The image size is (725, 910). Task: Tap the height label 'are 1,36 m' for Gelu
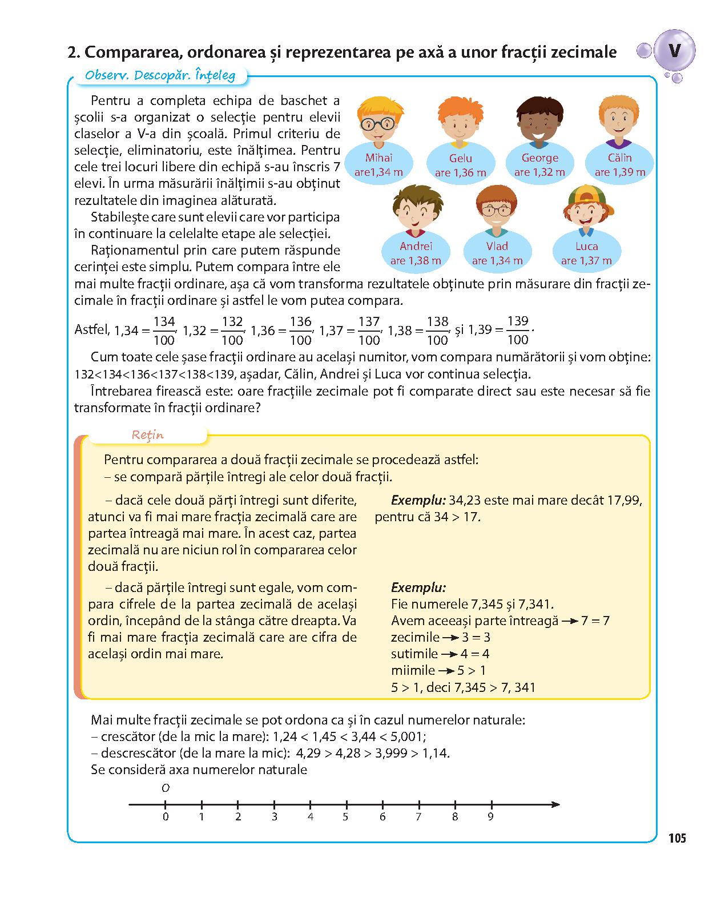coord(460,173)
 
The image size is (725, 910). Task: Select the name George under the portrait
coord(539,158)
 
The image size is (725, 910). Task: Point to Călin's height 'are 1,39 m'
coord(620,172)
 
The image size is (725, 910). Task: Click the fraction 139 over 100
coord(517,330)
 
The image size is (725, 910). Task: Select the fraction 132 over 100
coord(232,331)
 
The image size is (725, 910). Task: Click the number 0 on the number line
coord(166,817)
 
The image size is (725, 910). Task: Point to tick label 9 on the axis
coord(490,817)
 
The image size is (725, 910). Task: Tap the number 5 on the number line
coord(345,817)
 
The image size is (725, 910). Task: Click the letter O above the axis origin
coord(166,788)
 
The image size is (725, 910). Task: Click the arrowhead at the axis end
coord(555,804)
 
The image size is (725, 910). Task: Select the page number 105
coord(676,839)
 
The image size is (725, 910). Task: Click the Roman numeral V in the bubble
coord(674,51)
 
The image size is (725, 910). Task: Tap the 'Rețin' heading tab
coord(148,435)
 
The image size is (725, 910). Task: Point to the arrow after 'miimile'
coord(446,671)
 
